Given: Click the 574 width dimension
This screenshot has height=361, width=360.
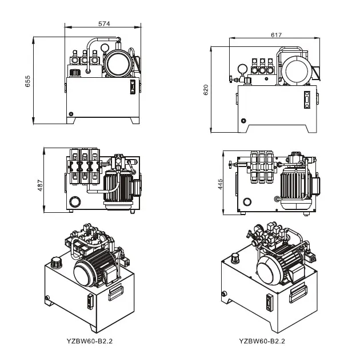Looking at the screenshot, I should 104,23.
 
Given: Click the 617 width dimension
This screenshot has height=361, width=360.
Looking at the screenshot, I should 277,35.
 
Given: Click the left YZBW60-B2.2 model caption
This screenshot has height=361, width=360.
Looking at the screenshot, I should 89,342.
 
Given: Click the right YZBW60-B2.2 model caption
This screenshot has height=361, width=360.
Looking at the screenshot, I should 262,342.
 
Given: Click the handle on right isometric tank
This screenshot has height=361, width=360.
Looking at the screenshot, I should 299,293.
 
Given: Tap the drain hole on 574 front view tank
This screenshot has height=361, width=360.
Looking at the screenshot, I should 71,112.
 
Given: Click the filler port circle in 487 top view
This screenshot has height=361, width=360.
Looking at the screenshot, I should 74,201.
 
